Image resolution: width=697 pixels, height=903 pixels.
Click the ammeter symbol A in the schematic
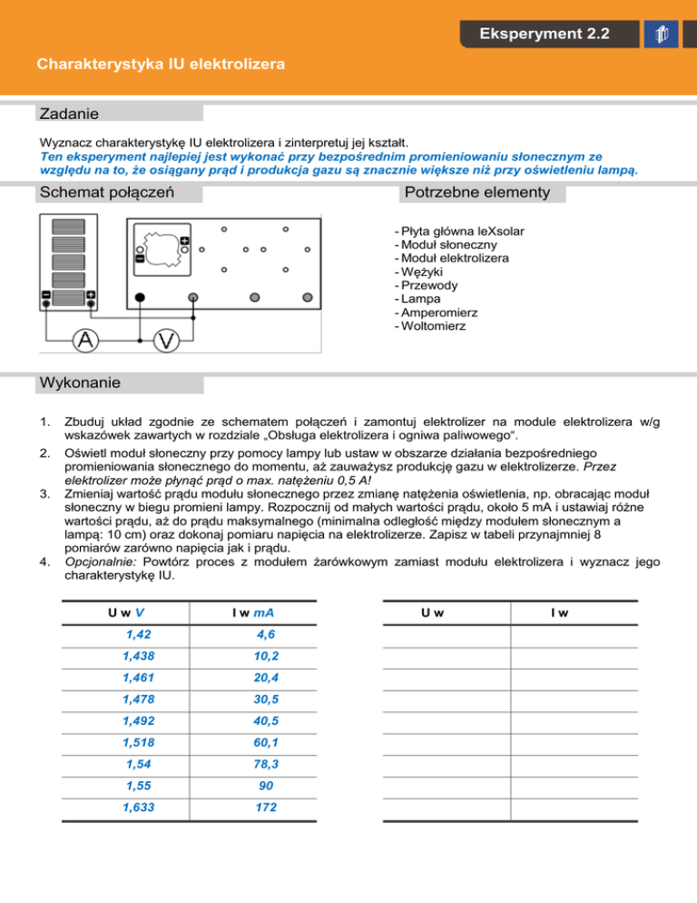click(x=86, y=340)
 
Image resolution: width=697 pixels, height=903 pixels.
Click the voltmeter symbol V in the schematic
click(x=166, y=340)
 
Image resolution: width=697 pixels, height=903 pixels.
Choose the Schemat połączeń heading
click(x=106, y=193)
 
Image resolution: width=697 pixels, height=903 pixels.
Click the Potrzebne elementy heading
click(x=476, y=193)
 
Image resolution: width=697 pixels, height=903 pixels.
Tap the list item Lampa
click(x=416, y=298)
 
